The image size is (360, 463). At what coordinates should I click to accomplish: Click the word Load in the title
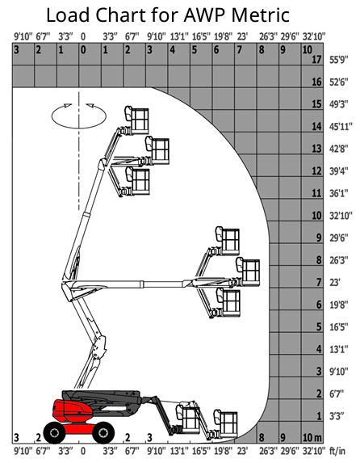click(68, 15)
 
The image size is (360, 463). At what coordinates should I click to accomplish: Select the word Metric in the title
click(260, 15)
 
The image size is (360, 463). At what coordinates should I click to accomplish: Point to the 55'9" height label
click(338, 60)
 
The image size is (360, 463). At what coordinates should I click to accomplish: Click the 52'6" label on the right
click(338, 82)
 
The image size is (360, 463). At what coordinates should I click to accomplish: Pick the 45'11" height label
click(341, 127)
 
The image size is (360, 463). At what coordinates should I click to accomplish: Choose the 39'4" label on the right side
click(338, 171)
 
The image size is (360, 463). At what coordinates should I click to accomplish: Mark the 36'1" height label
click(338, 193)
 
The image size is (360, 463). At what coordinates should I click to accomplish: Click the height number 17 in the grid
click(316, 59)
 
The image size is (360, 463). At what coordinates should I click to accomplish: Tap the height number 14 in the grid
click(316, 126)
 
